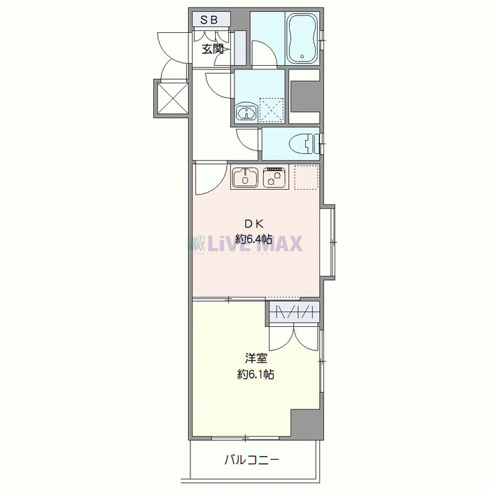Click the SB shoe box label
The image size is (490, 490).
pos(209,20)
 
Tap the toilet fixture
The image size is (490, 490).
pos(302,143)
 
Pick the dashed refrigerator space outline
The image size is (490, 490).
pos(306,177)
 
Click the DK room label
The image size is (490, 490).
pos(253,225)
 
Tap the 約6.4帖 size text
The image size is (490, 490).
pos(253,239)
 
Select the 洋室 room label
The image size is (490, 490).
pos(255,360)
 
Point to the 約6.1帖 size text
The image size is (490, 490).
pos(255,374)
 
